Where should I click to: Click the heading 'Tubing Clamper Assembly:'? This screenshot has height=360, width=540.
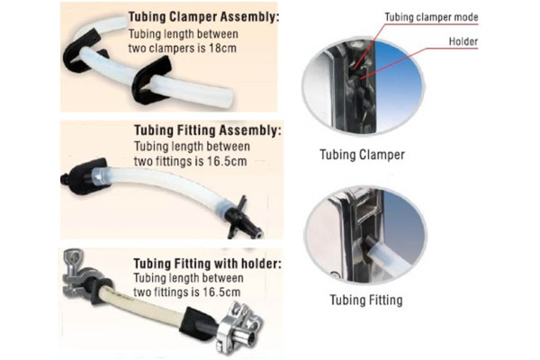tap(203, 17)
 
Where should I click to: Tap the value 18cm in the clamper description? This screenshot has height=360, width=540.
tap(222, 49)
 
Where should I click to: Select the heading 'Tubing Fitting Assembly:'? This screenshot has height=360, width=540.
tap(208, 130)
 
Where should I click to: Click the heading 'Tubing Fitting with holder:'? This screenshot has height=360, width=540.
tap(207, 264)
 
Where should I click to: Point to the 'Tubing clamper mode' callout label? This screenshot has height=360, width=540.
tap(431, 17)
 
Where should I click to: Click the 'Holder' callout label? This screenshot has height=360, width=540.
tap(463, 41)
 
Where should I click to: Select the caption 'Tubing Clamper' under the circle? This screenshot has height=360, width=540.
tap(363, 155)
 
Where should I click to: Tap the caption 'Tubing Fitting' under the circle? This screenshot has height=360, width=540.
tap(366, 300)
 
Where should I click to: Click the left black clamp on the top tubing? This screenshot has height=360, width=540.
tap(82, 51)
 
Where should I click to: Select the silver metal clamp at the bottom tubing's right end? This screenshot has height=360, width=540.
tap(239, 327)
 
